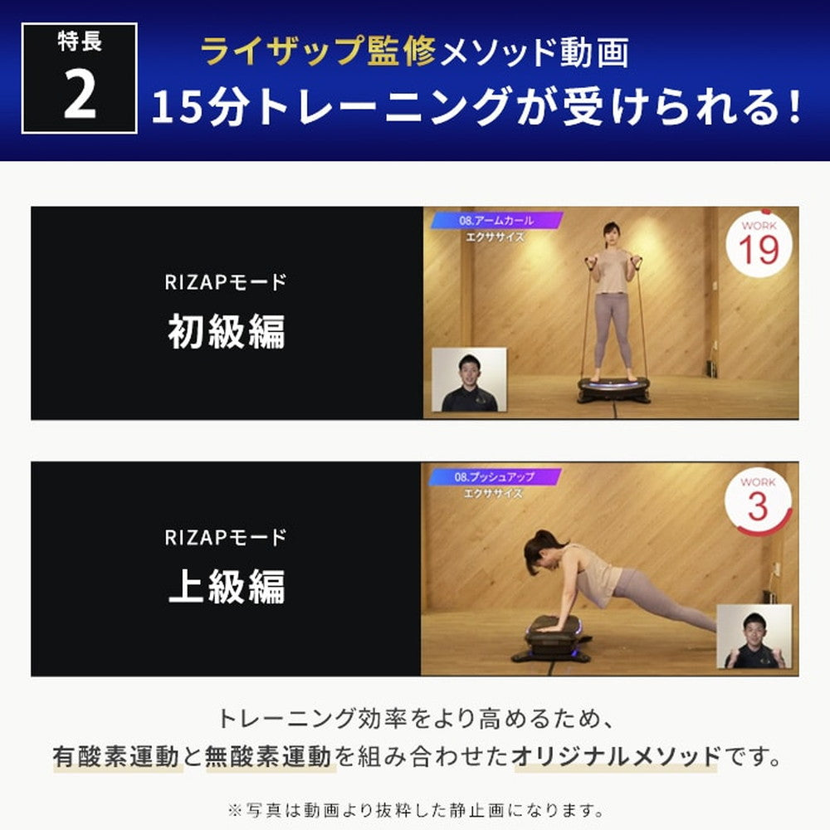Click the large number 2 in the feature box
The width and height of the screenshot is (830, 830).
(x=80, y=97)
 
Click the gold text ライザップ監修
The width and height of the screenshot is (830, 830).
(x=319, y=53)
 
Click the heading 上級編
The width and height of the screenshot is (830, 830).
(x=226, y=587)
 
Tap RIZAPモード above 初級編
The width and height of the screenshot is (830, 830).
(x=226, y=283)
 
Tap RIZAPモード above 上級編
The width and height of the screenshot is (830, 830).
(x=226, y=538)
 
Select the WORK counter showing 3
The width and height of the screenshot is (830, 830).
(x=757, y=501)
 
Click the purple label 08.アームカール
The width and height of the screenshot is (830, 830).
(x=496, y=221)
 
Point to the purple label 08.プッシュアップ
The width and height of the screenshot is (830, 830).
(x=496, y=477)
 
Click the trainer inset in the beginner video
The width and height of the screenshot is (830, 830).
(x=469, y=380)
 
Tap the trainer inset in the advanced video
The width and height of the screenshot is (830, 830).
(x=753, y=637)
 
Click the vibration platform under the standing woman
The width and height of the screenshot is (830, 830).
(x=614, y=389)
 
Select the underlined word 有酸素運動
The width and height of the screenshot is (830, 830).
(x=116, y=756)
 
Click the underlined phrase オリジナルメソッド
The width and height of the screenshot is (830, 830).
(x=616, y=756)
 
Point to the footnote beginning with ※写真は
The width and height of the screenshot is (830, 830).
(x=415, y=808)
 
